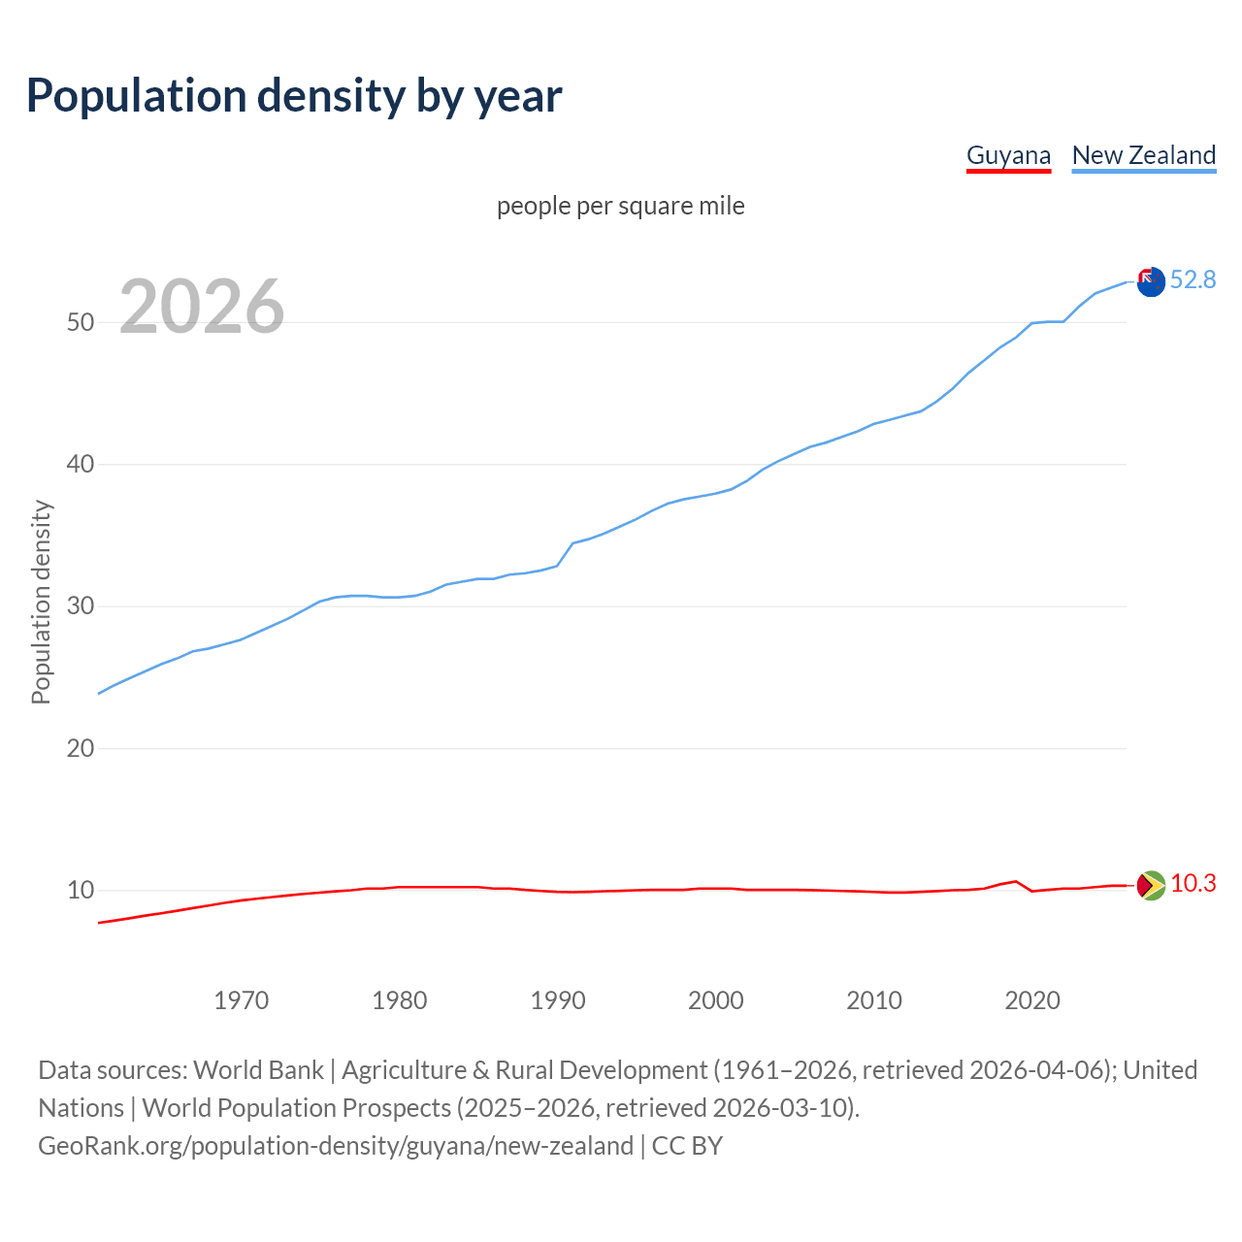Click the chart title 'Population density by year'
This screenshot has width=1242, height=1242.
click(294, 96)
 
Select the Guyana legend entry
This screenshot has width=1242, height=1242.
click(1008, 155)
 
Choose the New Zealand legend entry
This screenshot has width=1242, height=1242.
click(1143, 155)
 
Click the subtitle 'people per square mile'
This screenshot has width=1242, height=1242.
click(620, 206)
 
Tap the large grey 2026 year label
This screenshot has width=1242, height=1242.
click(202, 307)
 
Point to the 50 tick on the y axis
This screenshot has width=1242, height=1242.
click(81, 322)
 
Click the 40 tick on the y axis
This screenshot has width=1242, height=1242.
click(81, 464)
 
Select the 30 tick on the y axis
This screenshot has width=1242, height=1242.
click(81, 606)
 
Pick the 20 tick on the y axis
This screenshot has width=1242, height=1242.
click(81, 748)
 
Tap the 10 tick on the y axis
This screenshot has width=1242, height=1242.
click(81, 890)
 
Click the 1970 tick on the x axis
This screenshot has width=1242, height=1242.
click(241, 1000)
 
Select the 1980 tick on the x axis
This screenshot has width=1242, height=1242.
click(399, 1000)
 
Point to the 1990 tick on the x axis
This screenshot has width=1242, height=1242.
click(558, 1000)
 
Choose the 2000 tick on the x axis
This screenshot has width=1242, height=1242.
click(716, 1000)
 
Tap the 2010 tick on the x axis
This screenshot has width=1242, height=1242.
click(874, 1000)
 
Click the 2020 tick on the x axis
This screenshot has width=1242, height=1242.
click(1032, 1000)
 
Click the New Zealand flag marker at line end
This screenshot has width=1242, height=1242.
click(1151, 282)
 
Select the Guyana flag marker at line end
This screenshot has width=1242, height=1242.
click(1151, 885)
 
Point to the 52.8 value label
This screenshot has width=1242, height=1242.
click(1193, 280)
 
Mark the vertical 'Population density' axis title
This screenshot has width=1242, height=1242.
click(41, 602)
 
